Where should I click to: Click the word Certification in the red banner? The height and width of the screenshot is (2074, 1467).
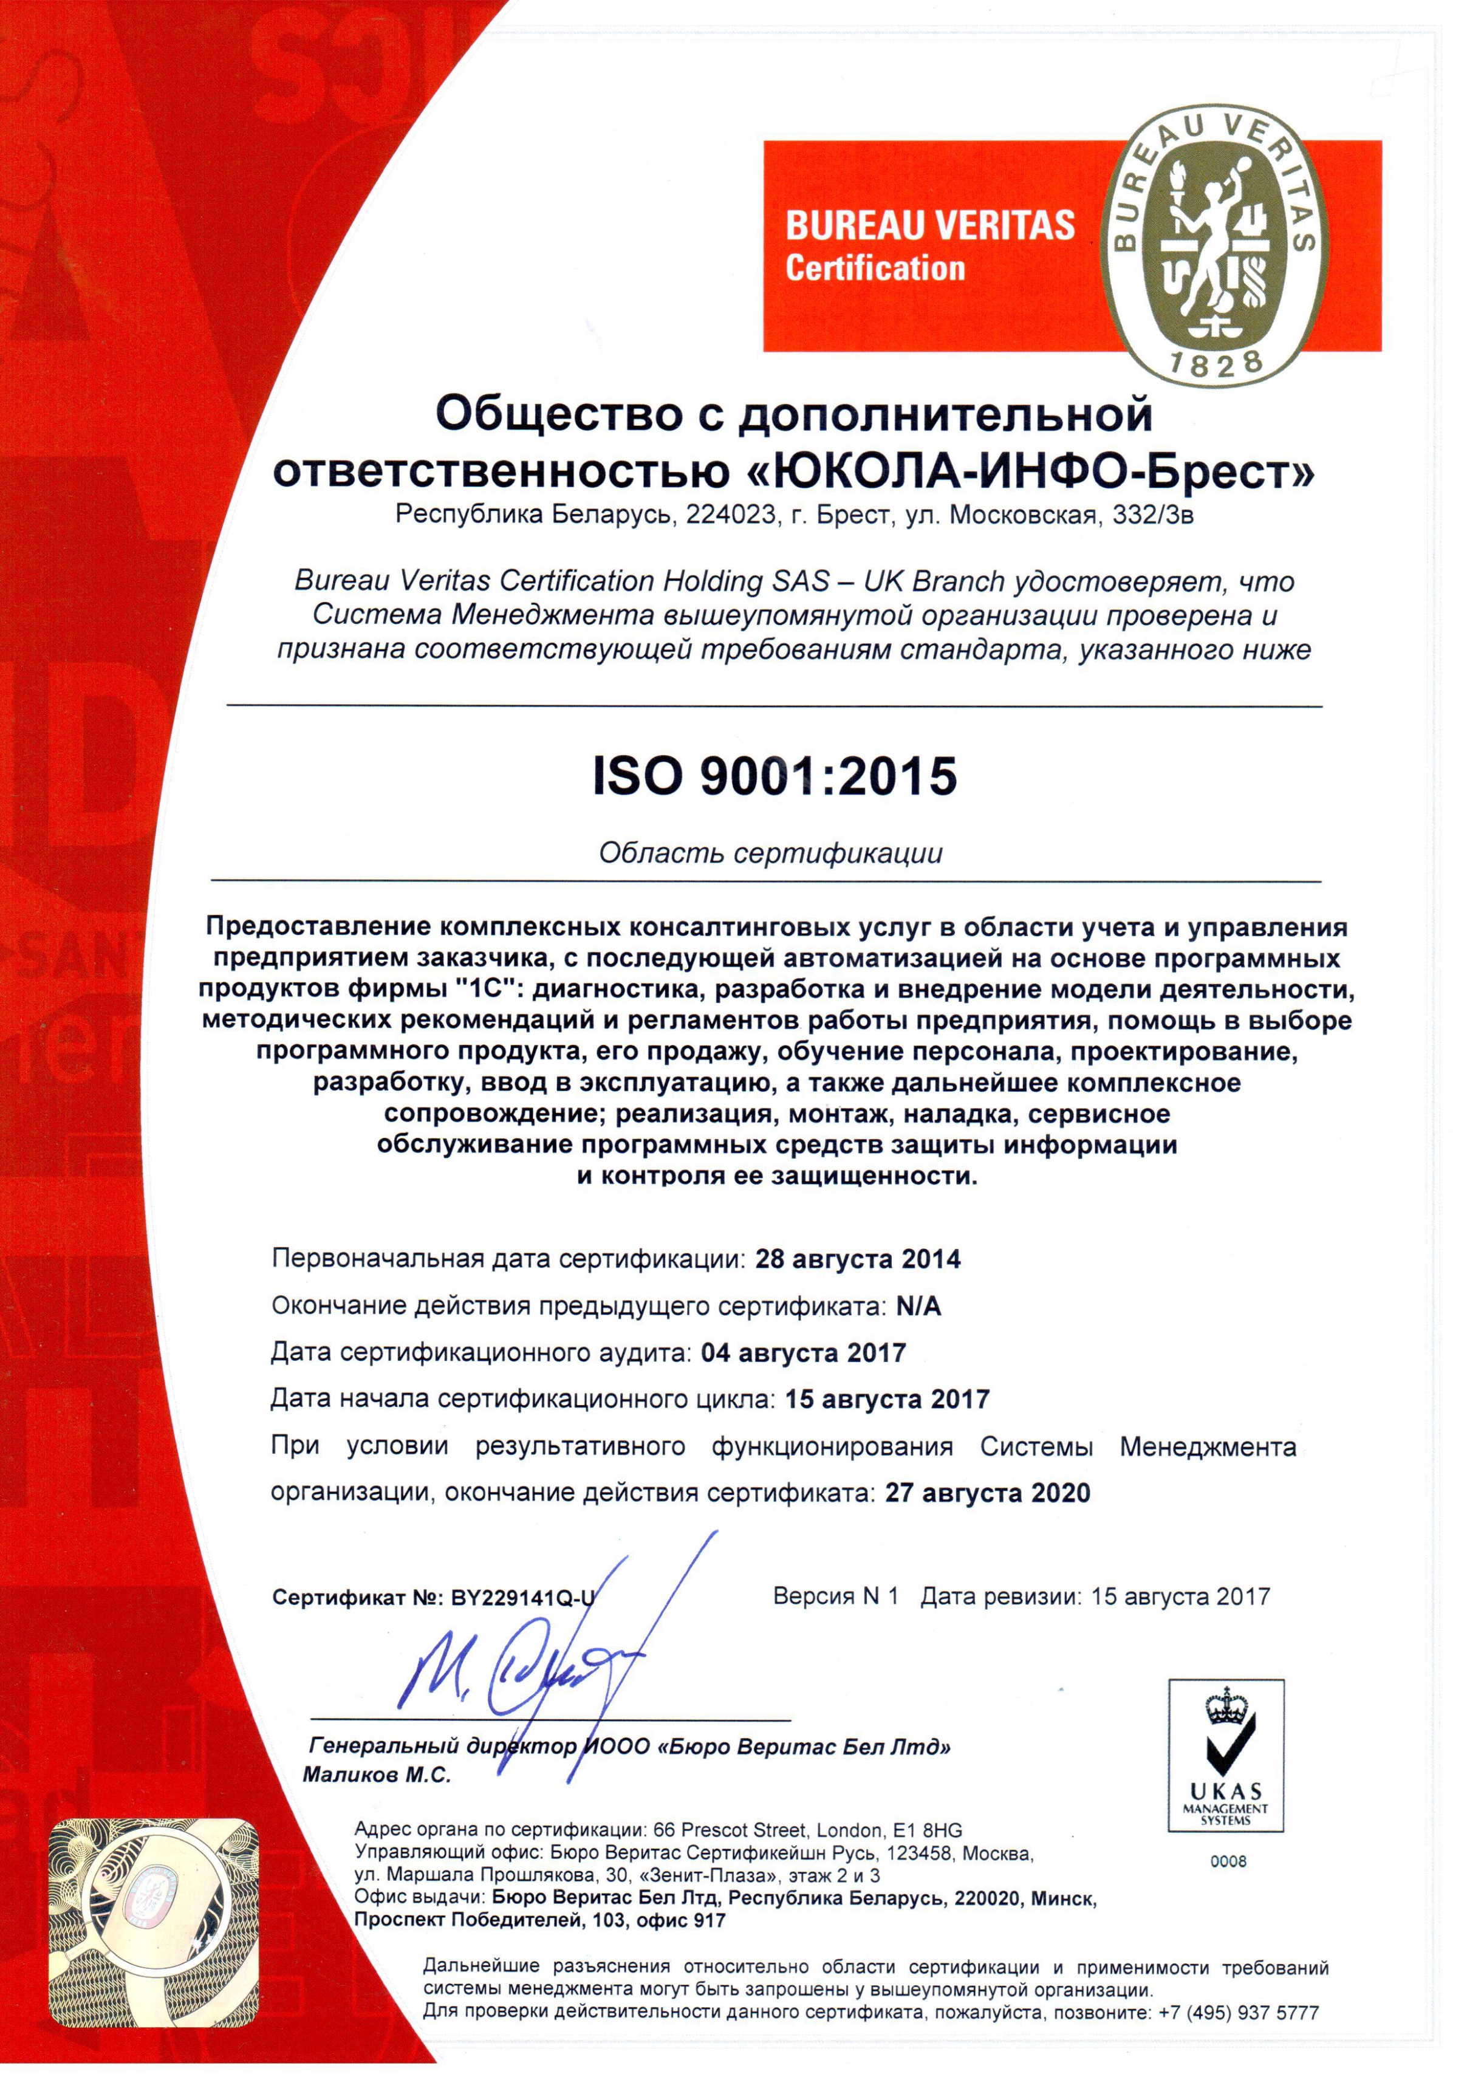click(x=874, y=269)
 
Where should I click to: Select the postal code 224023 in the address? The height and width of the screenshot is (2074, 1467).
click(x=731, y=515)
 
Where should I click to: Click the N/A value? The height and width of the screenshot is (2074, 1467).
click(x=918, y=1306)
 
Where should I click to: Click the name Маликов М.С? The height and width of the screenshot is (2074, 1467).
click(x=377, y=1775)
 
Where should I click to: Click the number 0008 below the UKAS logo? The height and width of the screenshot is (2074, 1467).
click(x=1228, y=1863)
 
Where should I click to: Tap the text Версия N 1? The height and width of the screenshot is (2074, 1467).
click(x=836, y=1596)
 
